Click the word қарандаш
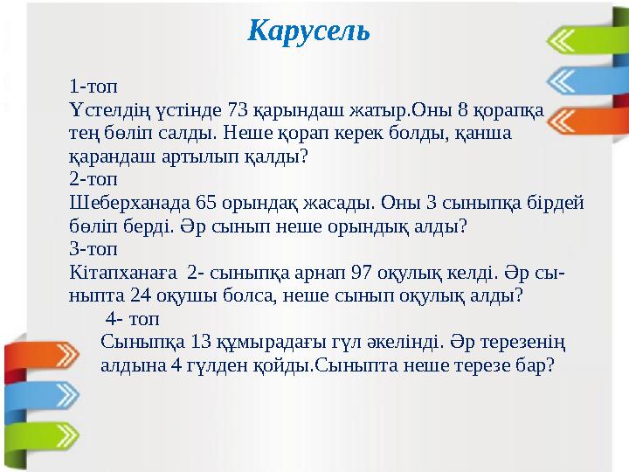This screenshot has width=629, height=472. click(109, 157)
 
